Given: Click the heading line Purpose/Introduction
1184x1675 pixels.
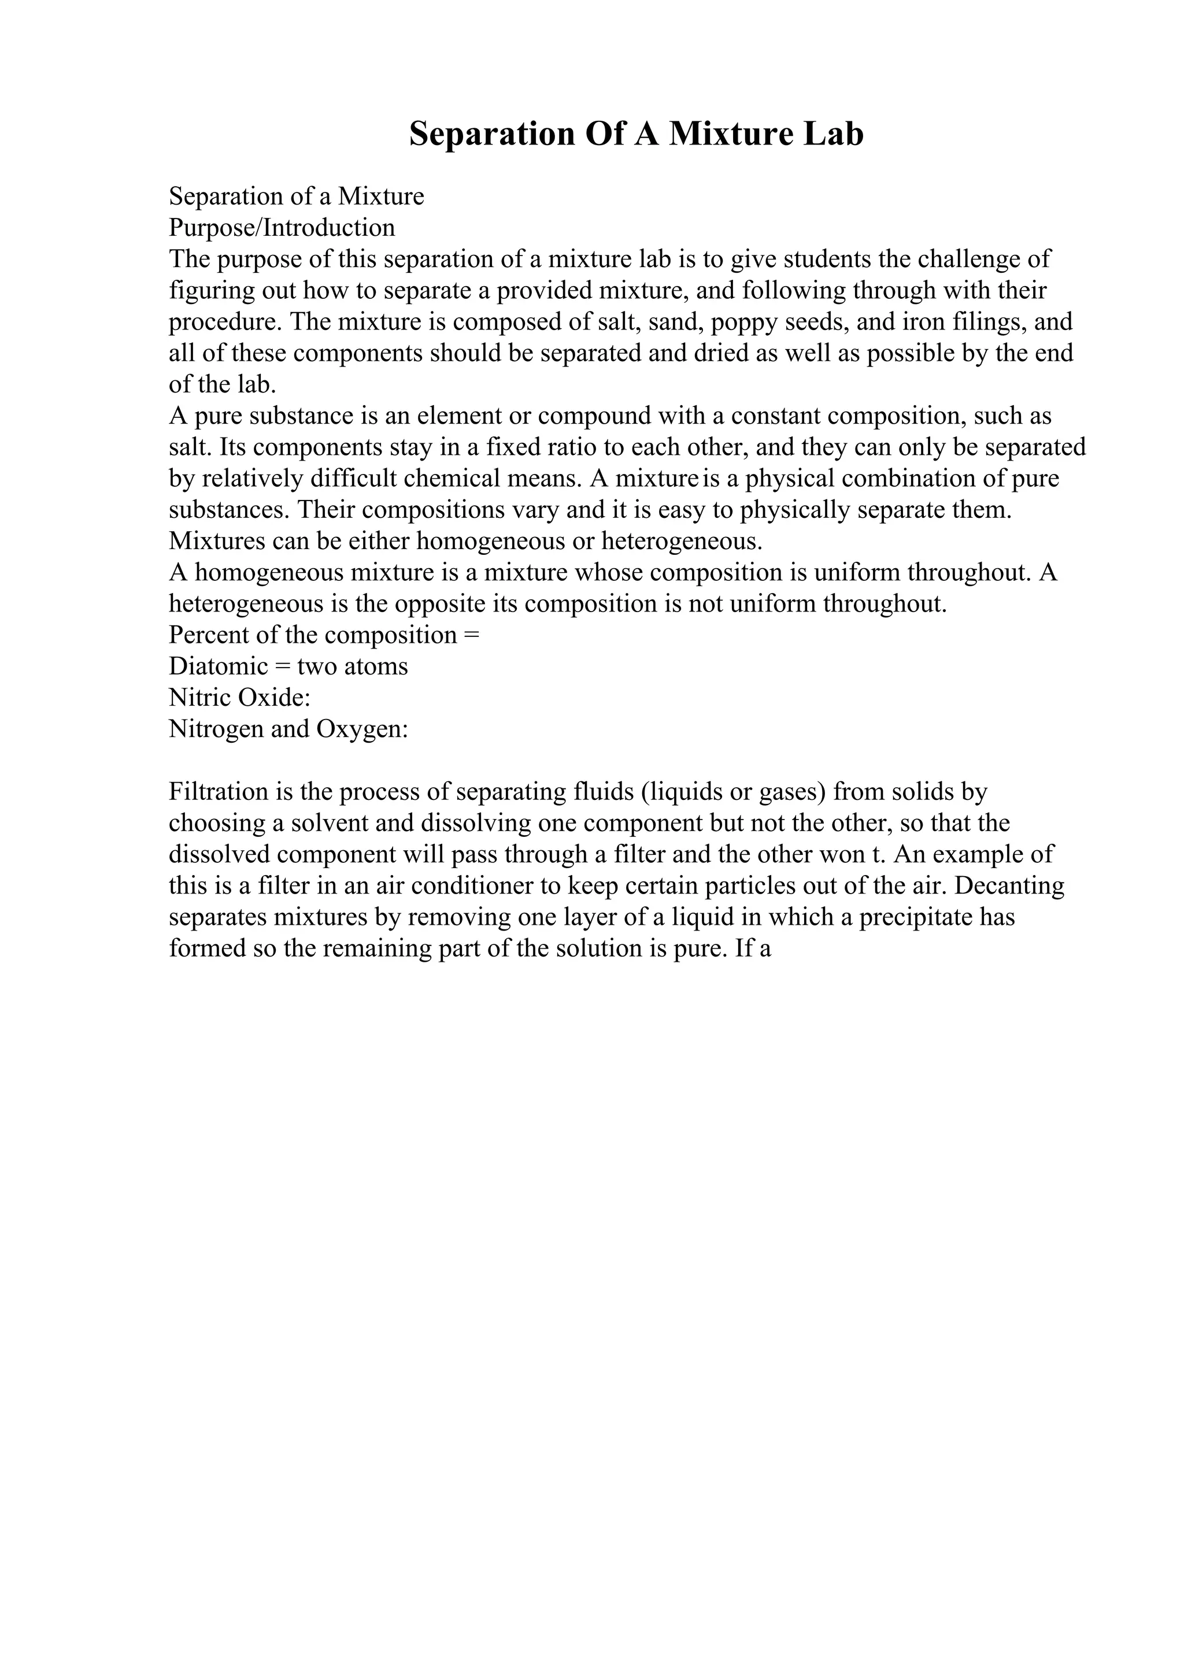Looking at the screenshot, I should [x=282, y=228].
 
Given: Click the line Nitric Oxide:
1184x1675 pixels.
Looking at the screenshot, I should [x=240, y=698].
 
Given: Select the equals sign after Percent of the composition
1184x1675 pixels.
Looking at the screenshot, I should [x=471, y=635].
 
